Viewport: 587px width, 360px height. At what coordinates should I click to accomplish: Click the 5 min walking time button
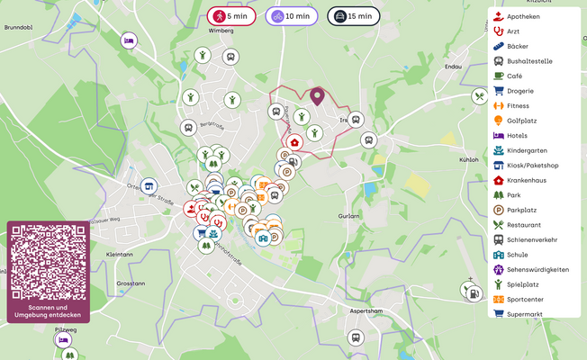(x=232, y=16)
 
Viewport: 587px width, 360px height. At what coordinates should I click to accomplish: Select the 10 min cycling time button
(x=291, y=16)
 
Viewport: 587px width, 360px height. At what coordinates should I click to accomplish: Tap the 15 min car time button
(x=352, y=16)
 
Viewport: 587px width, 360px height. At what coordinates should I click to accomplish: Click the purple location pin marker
(x=317, y=96)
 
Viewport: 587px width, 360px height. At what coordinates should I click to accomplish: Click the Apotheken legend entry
(x=523, y=16)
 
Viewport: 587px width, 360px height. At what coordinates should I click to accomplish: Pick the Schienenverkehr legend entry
(x=531, y=239)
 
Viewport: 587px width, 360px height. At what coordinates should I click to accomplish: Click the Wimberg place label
(x=221, y=31)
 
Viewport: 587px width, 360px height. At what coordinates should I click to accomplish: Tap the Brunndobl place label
(x=19, y=28)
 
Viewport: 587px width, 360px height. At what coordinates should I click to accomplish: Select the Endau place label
(x=453, y=66)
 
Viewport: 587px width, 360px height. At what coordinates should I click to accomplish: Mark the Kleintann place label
(x=119, y=255)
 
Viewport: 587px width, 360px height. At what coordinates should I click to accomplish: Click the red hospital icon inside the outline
(x=295, y=142)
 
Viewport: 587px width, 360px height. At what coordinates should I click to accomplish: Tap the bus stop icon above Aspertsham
(x=356, y=338)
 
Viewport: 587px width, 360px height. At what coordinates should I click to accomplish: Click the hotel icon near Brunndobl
(x=129, y=40)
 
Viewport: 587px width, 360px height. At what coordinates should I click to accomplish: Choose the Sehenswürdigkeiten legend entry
(x=537, y=269)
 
